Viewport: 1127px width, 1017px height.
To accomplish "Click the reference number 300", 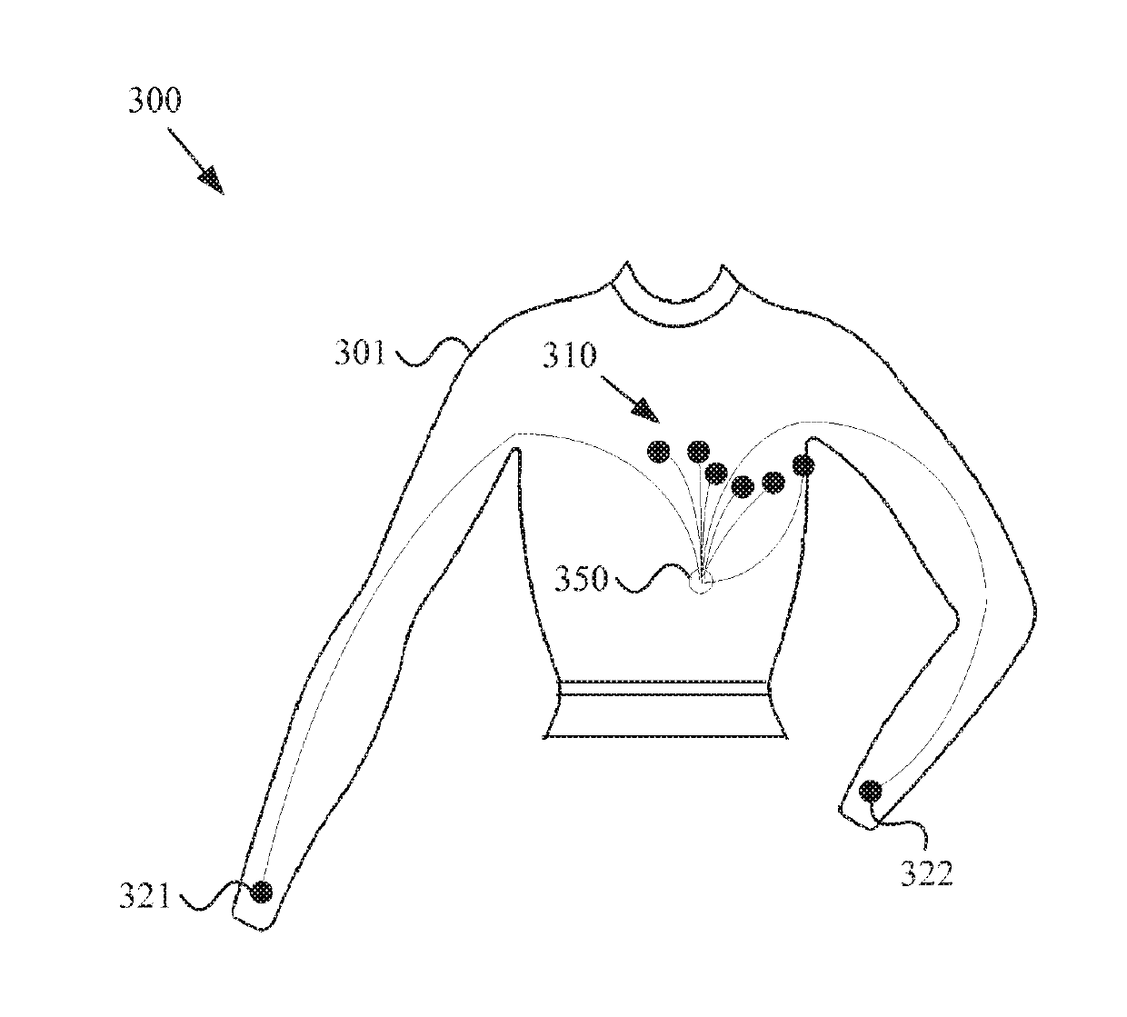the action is click(155, 100).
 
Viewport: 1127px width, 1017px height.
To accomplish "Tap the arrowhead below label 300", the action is click(211, 180).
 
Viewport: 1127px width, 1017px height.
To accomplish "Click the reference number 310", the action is click(570, 355).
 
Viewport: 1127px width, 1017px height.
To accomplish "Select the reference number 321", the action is click(145, 897).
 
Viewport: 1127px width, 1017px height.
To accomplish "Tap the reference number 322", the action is click(926, 874).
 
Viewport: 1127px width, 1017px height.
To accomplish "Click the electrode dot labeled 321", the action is click(262, 892).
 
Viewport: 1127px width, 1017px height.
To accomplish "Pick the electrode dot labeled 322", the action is click(870, 790).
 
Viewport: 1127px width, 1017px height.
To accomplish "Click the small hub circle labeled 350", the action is click(701, 583).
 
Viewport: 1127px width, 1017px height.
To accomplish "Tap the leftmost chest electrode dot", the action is click(658, 451).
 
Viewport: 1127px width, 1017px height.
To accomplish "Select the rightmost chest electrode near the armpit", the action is click(803, 466).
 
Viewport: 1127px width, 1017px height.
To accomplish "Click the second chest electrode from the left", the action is click(698, 451).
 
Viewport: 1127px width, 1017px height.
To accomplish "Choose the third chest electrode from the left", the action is click(716, 473).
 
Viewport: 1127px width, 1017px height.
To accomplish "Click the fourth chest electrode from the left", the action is click(743, 487).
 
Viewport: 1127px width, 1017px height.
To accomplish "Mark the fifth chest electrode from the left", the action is click(773, 483).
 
